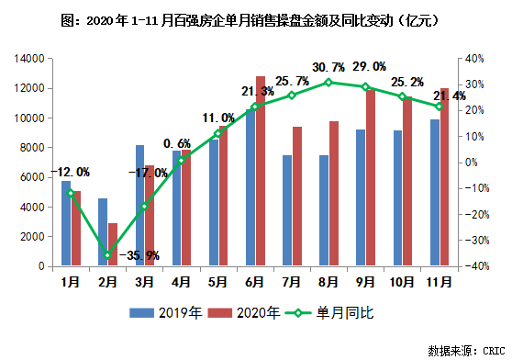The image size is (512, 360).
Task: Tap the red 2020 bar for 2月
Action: [x=112, y=244]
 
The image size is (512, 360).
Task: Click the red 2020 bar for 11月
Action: [x=445, y=176]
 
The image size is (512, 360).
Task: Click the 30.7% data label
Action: [x=329, y=67]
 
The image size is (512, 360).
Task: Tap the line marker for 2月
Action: [x=107, y=255]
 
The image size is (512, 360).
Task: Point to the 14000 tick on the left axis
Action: [x=29, y=59]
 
